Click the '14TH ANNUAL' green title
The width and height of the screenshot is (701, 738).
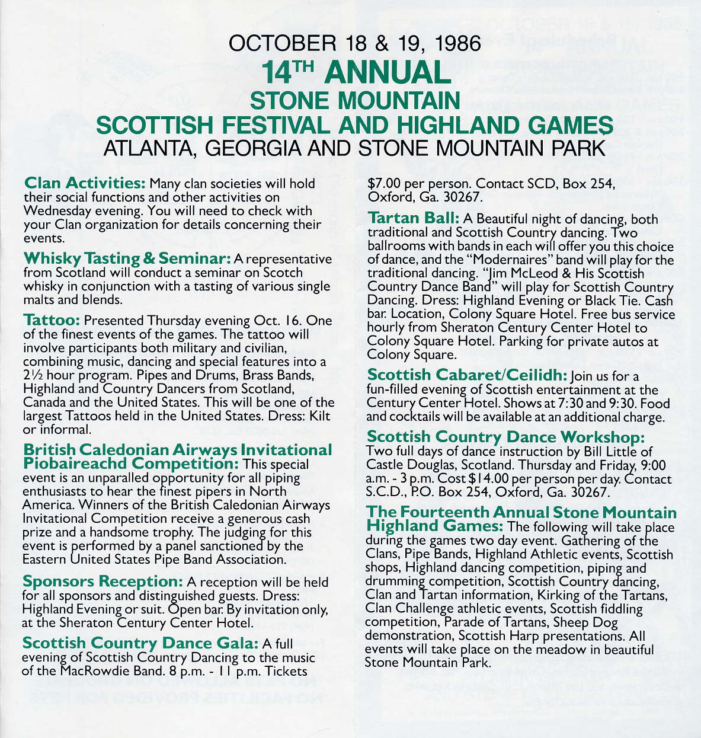point(355,72)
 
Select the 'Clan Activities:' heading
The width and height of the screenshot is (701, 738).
point(84,183)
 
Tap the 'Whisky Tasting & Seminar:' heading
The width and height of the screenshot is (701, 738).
point(127,258)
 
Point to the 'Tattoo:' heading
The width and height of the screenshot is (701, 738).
point(52,320)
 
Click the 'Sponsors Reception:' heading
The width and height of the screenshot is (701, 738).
point(102,582)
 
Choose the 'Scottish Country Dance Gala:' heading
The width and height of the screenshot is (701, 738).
point(140,643)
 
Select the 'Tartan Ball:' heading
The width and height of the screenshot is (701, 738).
point(414,218)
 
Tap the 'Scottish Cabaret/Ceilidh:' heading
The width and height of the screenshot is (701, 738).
point(467,375)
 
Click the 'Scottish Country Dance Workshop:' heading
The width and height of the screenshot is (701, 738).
point(505,437)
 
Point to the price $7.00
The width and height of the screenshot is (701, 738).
point(385,184)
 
